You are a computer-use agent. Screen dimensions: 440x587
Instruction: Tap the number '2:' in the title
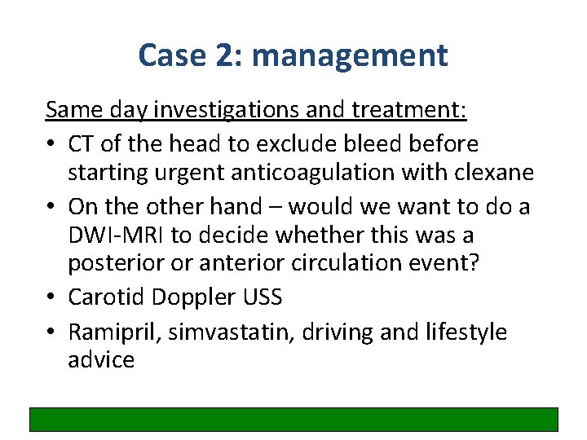(x=226, y=55)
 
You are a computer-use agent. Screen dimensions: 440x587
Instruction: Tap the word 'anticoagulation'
(x=326, y=174)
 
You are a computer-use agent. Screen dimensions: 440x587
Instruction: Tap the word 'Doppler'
(x=196, y=297)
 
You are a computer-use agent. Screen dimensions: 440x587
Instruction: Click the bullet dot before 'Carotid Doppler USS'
(x=52, y=298)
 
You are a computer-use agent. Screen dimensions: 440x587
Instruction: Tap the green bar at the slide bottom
(x=293, y=419)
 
